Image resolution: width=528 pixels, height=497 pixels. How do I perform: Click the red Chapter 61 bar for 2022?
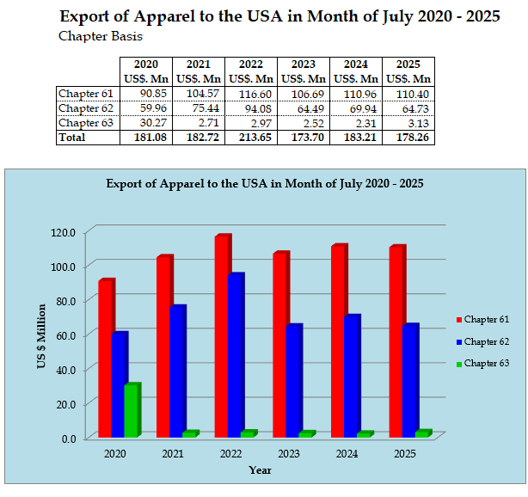[x=222, y=337]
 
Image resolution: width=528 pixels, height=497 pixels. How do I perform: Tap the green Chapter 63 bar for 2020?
[x=131, y=411]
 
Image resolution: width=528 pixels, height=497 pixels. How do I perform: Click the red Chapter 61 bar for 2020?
[x=105, y=359]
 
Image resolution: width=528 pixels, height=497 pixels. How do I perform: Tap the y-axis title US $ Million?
[x=40, y=336]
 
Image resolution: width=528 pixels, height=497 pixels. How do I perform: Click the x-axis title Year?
[x=260, y=470]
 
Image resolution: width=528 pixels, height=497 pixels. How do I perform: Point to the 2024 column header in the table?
[x=355, y=64]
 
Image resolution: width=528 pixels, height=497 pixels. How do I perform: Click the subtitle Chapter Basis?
[x=100, y=36]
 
